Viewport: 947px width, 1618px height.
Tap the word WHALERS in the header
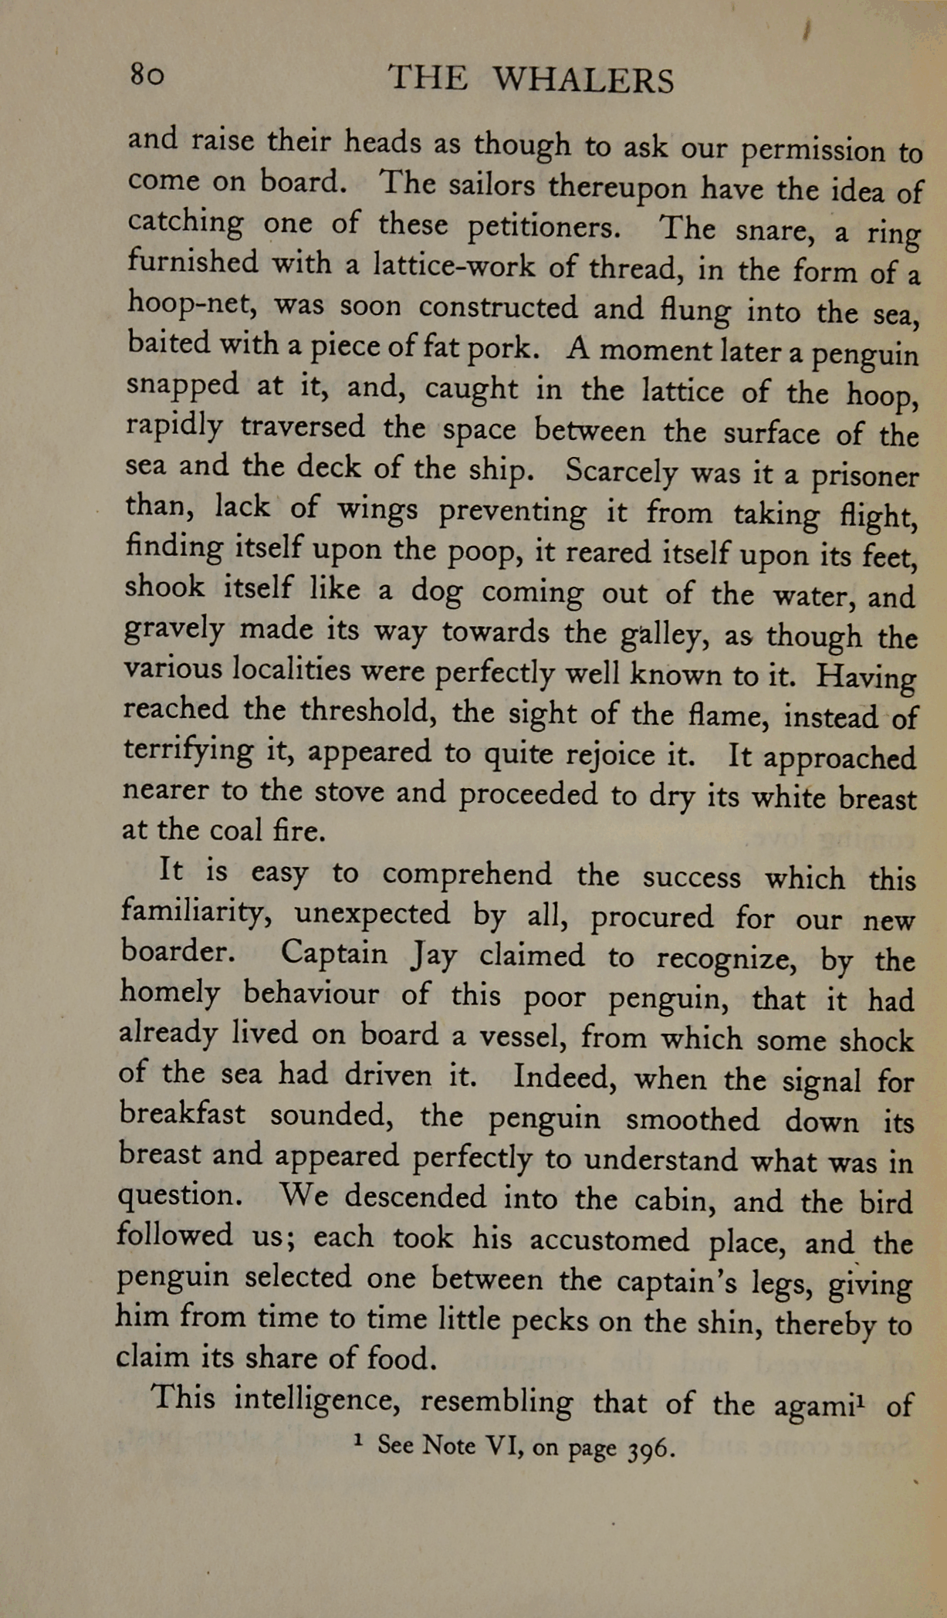583,80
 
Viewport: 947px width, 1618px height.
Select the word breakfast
182,1115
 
